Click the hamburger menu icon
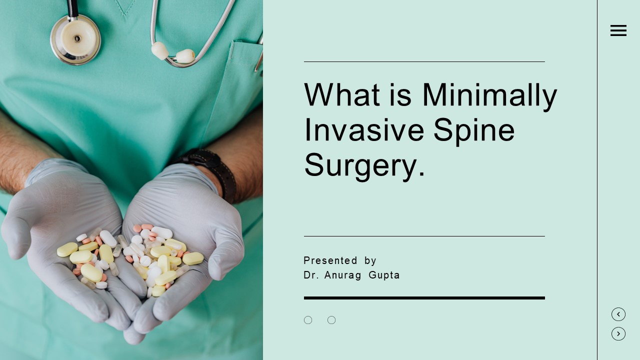pos(618,30)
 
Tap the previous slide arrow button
pos(618,314)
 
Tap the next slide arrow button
pos(618,333)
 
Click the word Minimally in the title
pos(489,95)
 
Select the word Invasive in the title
pos(363,130)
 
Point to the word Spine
pos(473,130)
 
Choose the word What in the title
pos(342,95)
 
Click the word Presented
pos(330,260)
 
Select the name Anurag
pos(342,275)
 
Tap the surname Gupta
pos(384,275)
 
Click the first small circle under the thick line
pos(308,320)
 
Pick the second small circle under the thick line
pos(331,320)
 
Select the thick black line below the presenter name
pos(424,298)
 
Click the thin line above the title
pos(424,62)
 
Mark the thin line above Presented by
pos(424,236)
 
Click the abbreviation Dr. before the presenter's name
pos(311,275)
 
